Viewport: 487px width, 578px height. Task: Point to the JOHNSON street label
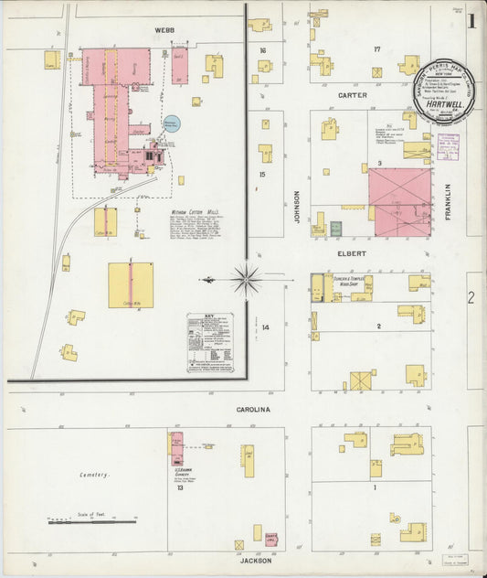tap(296, 205)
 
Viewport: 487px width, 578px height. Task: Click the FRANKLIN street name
tap(449, 198)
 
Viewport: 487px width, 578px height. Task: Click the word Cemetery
tap(94, 475)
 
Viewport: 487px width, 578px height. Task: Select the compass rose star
tap(246, 279)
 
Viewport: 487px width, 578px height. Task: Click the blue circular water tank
tap(171, 122)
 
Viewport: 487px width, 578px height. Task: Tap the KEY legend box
tap(210, 342)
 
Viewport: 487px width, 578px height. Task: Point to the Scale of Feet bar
tap(91, 522)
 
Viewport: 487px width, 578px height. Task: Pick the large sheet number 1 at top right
tap(471, 21)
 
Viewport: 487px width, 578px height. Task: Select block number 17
tap(376, 48)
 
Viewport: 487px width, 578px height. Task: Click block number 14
tap(266, 326)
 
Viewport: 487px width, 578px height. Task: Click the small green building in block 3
tap(335, 228)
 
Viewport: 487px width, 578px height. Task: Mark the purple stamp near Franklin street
tap(449, 147)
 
